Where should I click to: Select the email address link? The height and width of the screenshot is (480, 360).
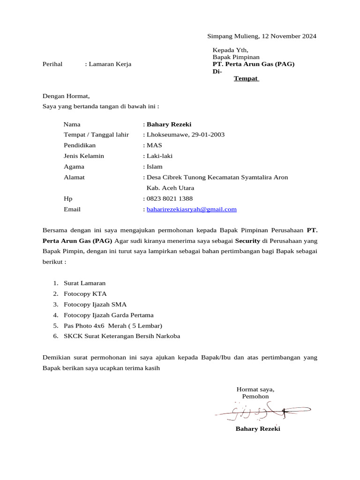tap(192, 210)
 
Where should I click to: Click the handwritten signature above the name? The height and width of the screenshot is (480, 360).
tap(262, 412)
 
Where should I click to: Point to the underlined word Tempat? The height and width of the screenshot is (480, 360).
tap(246, 79)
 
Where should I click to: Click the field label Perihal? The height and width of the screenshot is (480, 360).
tap(52, 64)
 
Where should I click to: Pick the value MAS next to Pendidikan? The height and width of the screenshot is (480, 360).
tap(154, 145)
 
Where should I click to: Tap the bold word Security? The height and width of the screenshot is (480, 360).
tap(247, 241)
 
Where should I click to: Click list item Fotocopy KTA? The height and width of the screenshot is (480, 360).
tap(85, 294)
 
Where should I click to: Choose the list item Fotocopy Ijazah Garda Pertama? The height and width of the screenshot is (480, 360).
tap(108, 315)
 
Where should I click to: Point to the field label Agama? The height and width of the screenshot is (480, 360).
tap(74, 167)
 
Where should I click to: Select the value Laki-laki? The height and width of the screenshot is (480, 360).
tap(160, 156)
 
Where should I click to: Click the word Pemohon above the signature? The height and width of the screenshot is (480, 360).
tap(255, 397)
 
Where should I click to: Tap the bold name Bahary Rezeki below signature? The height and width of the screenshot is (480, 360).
tap(258, 429)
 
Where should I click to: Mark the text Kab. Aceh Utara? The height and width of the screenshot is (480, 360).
tap(171, 188)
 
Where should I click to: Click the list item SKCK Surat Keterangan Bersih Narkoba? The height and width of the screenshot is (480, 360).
tap(122, 337)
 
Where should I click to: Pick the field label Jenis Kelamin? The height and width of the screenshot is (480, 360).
tap(84, 156)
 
